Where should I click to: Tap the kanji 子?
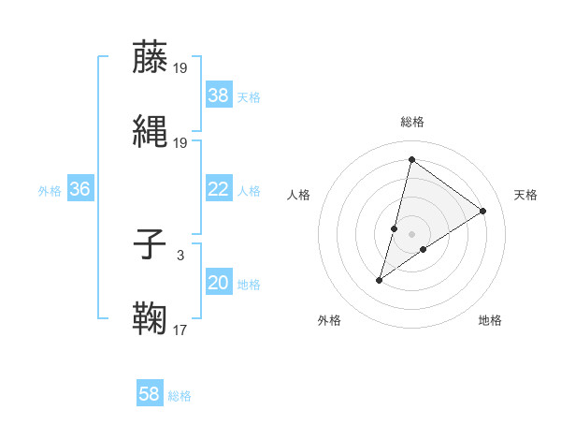[150, 245]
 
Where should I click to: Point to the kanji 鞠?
[150, 318]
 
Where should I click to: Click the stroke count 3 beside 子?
[180, 255]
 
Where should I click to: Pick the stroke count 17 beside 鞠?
[180, 329]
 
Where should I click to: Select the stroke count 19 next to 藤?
[180, 67]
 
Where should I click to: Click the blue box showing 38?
[218, 95]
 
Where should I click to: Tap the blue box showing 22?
[218, 189]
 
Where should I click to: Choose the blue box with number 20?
[218, 283]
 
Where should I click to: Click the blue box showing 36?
[79, 189]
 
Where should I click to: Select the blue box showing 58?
[150, 394]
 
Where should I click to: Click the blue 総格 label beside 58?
[180, 396]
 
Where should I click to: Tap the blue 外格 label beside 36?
[50, 190]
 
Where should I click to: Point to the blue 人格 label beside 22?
[249, 190]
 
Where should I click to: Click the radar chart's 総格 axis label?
[411, 122]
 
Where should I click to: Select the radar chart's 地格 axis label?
[490, 320]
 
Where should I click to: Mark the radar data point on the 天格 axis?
[483, 211]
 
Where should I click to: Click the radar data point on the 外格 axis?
[380, 280]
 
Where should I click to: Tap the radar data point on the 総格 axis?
[411, 159]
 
